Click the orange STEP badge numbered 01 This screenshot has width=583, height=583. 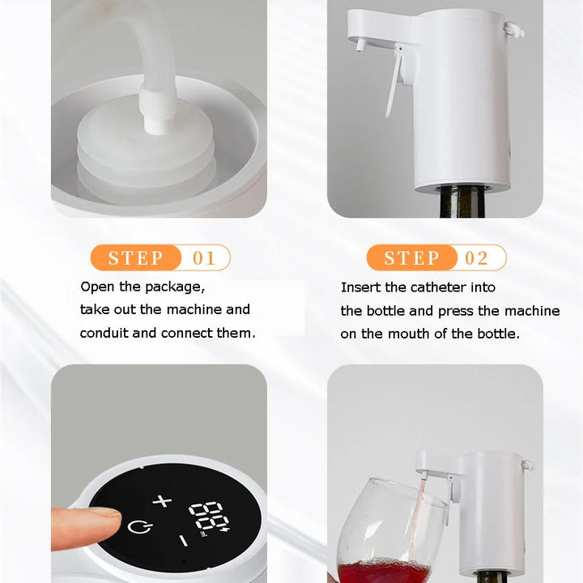136,258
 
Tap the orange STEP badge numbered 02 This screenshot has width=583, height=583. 411,258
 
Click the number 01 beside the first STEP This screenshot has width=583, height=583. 205,258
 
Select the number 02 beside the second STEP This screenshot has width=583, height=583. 477,258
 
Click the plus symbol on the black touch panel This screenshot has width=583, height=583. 163,500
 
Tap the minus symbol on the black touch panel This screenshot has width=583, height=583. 184,539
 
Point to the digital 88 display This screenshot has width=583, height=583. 206,516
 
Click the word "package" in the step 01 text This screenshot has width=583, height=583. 172,287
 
